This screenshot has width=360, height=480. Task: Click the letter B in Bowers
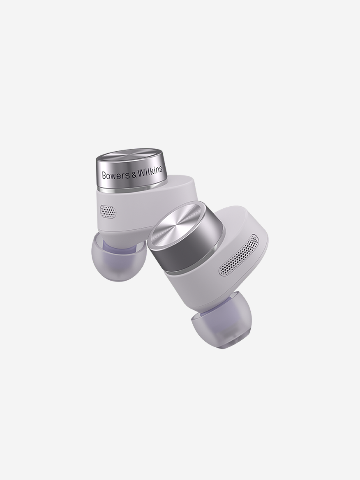104,175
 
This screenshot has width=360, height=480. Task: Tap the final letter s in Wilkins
161,170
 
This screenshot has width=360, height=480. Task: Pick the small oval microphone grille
108,212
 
